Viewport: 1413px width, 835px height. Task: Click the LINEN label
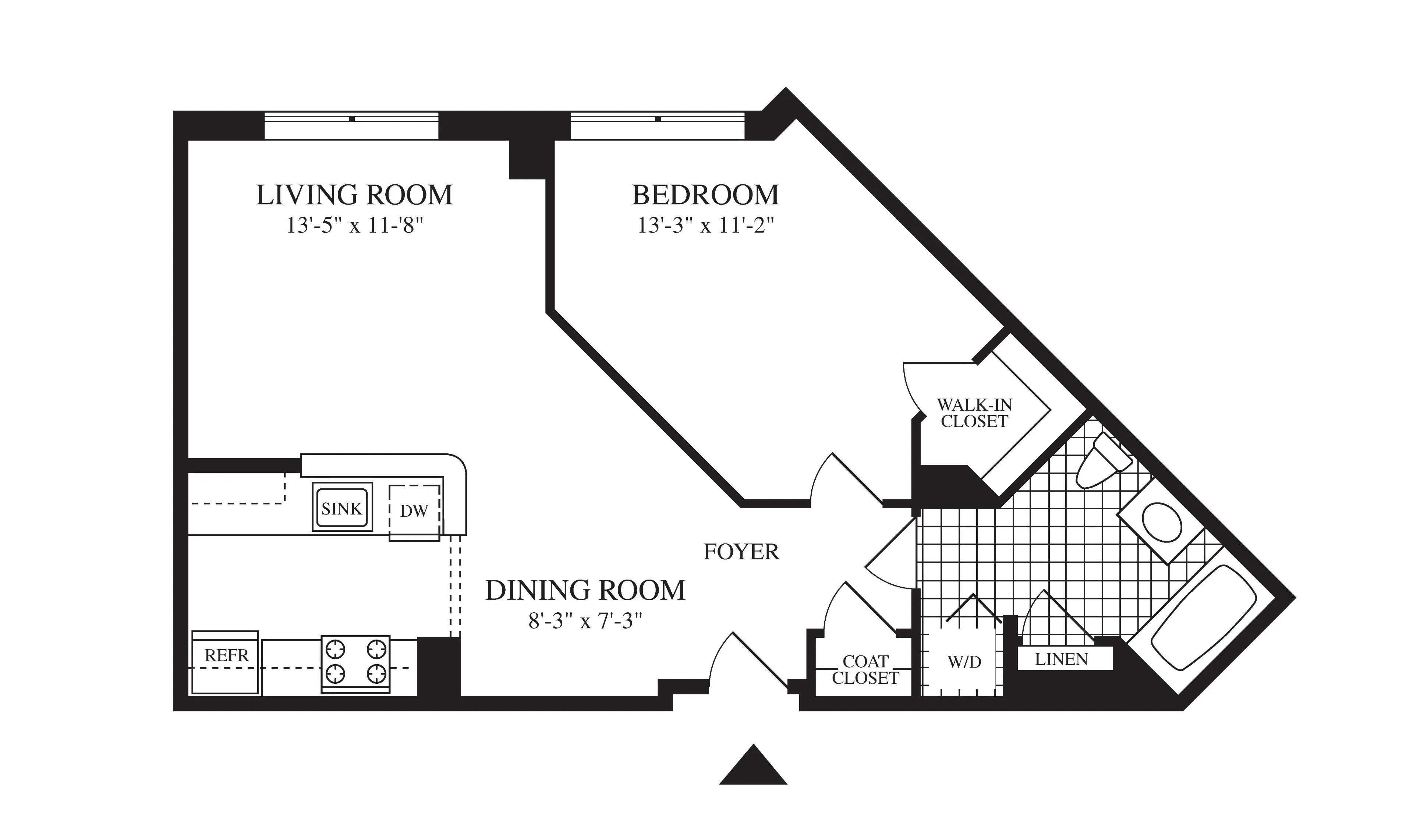(x=1062, y=659)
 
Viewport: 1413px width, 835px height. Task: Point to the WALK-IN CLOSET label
(x=974, y=413)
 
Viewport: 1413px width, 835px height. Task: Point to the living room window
(x=351, y=125)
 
